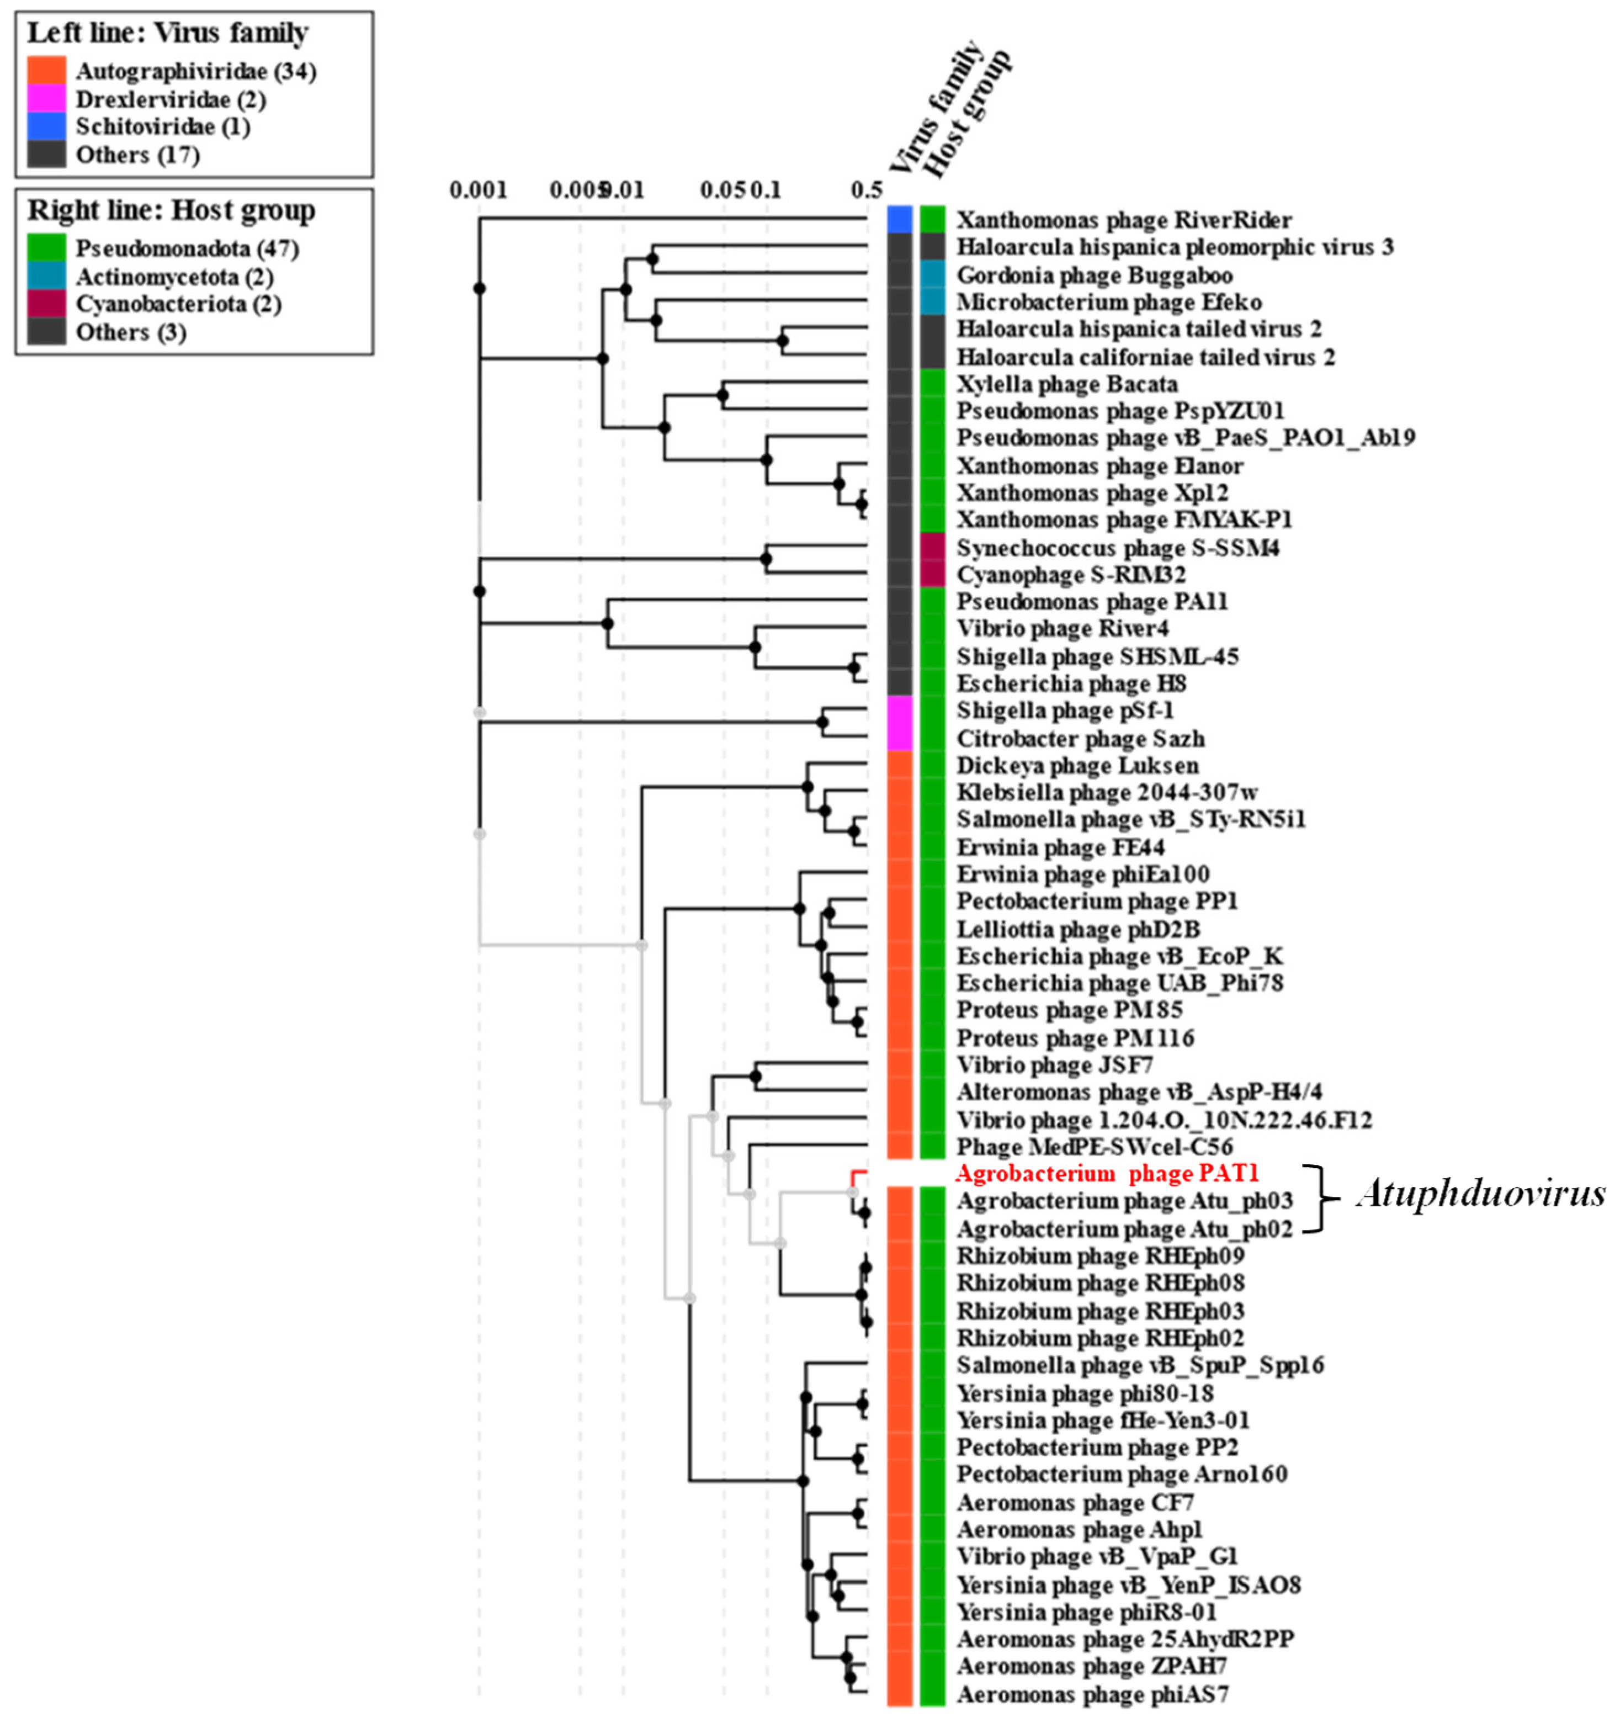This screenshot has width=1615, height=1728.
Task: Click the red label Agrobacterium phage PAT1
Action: click(x=1107, y=1174)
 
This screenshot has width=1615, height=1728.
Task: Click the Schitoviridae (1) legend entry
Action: click(x=162, y=127)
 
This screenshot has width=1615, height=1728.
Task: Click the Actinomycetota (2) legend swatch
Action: click(x=46, y=277)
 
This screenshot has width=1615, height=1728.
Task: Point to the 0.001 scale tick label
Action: click(x=478, y=189)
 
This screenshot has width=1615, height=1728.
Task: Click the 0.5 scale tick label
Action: click(x=867, y=189)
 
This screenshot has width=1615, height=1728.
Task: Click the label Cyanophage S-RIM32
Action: click(x=1071, y=575)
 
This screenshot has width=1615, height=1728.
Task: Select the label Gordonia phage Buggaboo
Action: click(x=1095, y=275)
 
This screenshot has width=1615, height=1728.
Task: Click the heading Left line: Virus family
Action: click(x=168, y=33)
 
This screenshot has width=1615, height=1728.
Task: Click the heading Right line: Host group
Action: click(x=171, y=210)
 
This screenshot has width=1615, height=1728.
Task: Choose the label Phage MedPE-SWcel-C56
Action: click(x=1095, y=1147)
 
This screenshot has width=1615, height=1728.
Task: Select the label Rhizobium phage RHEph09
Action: click(x=1101, y=1256)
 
